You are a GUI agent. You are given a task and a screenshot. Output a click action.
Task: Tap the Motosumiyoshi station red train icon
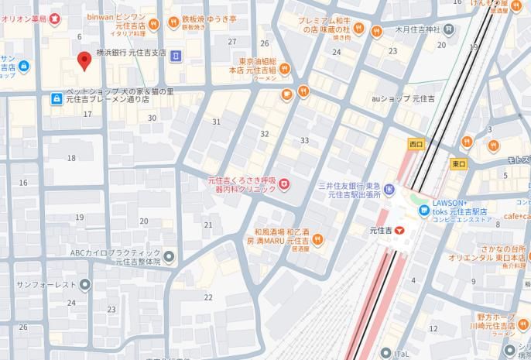pyautogui.click(x=399, y=231)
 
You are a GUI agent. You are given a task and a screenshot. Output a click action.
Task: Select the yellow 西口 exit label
pyautogui.click(x=417, y=144)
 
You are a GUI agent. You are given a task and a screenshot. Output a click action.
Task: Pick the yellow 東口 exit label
pyautogui.click(x=458, y=163)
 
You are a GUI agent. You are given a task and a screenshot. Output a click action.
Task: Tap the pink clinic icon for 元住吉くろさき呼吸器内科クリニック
pyautogui.click(x=284, y=183)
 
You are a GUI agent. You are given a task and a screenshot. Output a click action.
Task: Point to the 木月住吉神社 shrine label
pyautogui.click(x=417, y=29)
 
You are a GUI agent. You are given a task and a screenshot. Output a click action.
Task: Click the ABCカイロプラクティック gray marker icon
pyautogui.click(x=170, y=256)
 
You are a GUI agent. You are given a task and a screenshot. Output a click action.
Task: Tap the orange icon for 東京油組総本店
pyautogui.click(x=285, y=70)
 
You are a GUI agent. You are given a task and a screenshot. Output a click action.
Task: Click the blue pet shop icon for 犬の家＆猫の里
pyautogui.click(x=56, y=98)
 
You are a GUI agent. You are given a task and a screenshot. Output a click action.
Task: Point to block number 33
pyautogui.click(x=304, y=140)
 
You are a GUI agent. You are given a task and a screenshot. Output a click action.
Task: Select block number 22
pyautogui.click(x=207, y=297)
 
